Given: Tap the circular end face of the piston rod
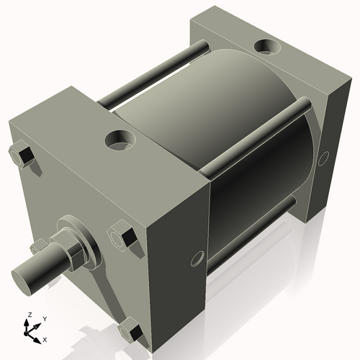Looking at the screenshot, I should (x=24, y=275).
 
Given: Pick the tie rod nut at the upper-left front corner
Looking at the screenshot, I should (x=21, y=156).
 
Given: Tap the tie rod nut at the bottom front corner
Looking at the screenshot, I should (x=129, y=332).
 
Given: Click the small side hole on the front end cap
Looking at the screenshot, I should (x=195, y=258).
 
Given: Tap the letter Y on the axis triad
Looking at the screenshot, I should (x=44, y=318).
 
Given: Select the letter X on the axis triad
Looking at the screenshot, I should (x=45, y=338).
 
